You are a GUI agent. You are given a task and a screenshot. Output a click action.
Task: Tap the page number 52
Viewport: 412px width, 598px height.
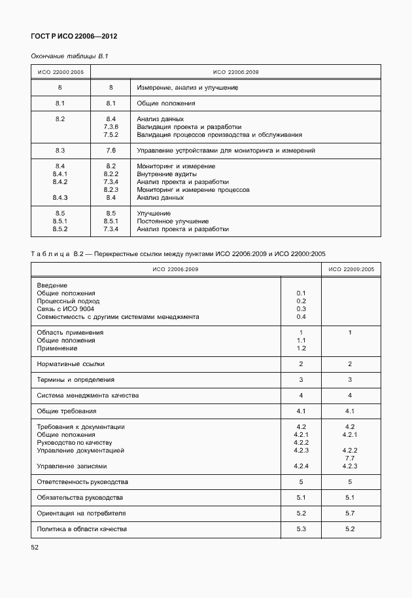[35, 546]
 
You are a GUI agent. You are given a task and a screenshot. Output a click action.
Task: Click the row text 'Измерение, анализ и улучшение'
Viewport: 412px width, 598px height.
[184, 87]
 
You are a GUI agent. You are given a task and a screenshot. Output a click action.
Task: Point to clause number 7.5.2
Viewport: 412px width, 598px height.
[111, 135]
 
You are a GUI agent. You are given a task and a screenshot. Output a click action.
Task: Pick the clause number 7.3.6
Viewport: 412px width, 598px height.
[111, 127]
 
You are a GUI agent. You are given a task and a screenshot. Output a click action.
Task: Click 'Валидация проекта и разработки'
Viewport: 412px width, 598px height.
[189, 127]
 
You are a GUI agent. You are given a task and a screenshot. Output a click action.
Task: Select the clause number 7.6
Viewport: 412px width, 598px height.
[111, 151]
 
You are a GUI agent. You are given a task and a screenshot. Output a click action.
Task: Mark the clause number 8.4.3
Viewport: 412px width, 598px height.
[60, 197]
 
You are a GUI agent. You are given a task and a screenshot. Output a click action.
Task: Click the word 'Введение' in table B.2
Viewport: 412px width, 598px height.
[52, 286]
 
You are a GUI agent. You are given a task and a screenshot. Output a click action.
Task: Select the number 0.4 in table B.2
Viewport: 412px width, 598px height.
[301, 317]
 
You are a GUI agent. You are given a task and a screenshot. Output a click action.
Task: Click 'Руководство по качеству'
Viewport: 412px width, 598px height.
[75, 443]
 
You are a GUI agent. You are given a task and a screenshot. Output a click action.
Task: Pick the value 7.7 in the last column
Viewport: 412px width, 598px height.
[350, 458]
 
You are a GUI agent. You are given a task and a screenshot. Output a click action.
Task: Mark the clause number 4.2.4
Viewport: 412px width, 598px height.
[301, 466]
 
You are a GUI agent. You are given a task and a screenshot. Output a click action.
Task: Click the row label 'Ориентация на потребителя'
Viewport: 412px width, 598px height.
[81, 513]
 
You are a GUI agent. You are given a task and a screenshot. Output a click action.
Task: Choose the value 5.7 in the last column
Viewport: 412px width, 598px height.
[350, 513]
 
